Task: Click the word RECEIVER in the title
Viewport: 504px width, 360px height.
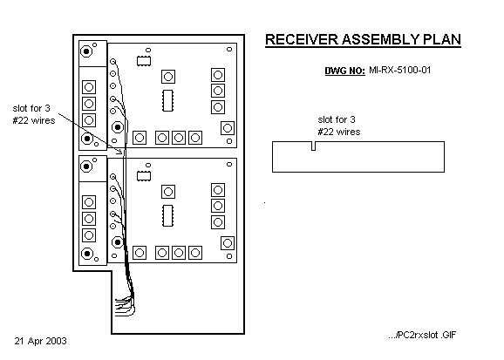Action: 302,39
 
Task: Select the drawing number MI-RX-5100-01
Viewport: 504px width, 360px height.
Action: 400,70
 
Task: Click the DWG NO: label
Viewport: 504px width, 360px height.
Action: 345,71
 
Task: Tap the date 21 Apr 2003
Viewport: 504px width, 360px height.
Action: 40,341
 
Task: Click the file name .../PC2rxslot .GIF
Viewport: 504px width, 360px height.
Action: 422,335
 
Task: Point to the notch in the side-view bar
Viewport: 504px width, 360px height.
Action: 313,146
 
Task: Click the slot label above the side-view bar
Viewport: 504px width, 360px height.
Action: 339,126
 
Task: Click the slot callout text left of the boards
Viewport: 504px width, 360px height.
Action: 34,114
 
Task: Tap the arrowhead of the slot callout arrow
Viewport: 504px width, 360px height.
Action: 121,152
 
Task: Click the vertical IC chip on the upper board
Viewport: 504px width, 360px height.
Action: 167,100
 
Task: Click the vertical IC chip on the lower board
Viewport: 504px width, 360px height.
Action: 167,215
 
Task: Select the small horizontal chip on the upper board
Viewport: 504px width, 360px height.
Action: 144,61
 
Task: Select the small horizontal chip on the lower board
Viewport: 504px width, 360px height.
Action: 144,176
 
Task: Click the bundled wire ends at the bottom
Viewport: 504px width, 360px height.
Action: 125,306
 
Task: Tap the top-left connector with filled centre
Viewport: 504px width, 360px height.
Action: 86,51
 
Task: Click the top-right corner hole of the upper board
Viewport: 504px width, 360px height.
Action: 229,49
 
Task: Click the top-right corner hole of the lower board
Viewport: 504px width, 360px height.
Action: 229,164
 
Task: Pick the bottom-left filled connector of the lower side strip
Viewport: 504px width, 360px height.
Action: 87,254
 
